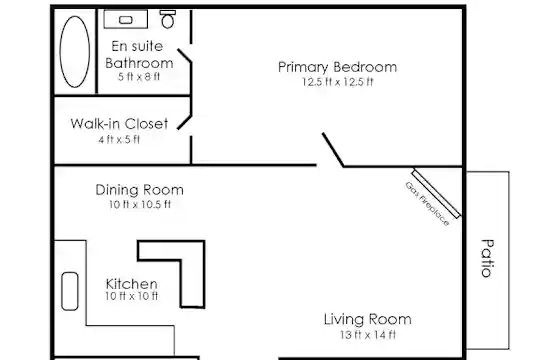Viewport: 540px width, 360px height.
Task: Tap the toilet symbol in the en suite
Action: point(168,19)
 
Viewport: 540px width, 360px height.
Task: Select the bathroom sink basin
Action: point(125,20)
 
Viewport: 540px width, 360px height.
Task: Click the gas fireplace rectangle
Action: point(436,194)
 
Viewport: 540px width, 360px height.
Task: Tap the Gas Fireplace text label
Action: point(427,204)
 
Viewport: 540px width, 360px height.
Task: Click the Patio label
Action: point(487,258)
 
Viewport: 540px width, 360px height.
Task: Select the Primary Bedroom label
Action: point(337,67)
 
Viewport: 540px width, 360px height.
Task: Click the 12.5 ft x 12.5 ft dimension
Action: point(338,82)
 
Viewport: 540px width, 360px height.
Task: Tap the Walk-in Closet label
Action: point(119,124)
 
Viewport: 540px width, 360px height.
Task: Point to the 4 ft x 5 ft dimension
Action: point(119,140)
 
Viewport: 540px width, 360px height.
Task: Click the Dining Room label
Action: point(139,190)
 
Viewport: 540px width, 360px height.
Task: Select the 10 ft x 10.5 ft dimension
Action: point(140,204)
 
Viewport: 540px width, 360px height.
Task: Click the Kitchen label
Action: point(132,284)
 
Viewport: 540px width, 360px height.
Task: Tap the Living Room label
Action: point(367,319)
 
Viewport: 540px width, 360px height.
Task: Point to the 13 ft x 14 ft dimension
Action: point(368,335)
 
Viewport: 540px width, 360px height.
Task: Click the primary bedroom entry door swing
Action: point(333,149)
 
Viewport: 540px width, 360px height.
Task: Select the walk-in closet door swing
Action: point(184,123)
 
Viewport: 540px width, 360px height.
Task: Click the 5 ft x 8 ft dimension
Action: point(139,76)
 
